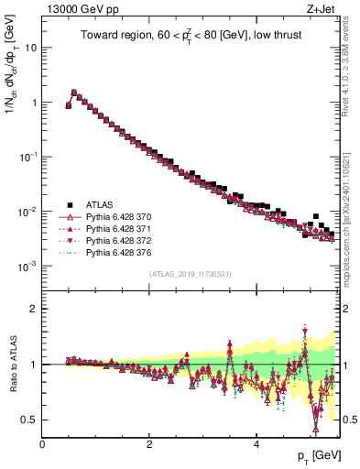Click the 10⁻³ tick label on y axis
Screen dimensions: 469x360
point(28,266)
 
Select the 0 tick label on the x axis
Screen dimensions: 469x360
point(43,445)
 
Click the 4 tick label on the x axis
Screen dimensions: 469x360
point(256,445)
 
